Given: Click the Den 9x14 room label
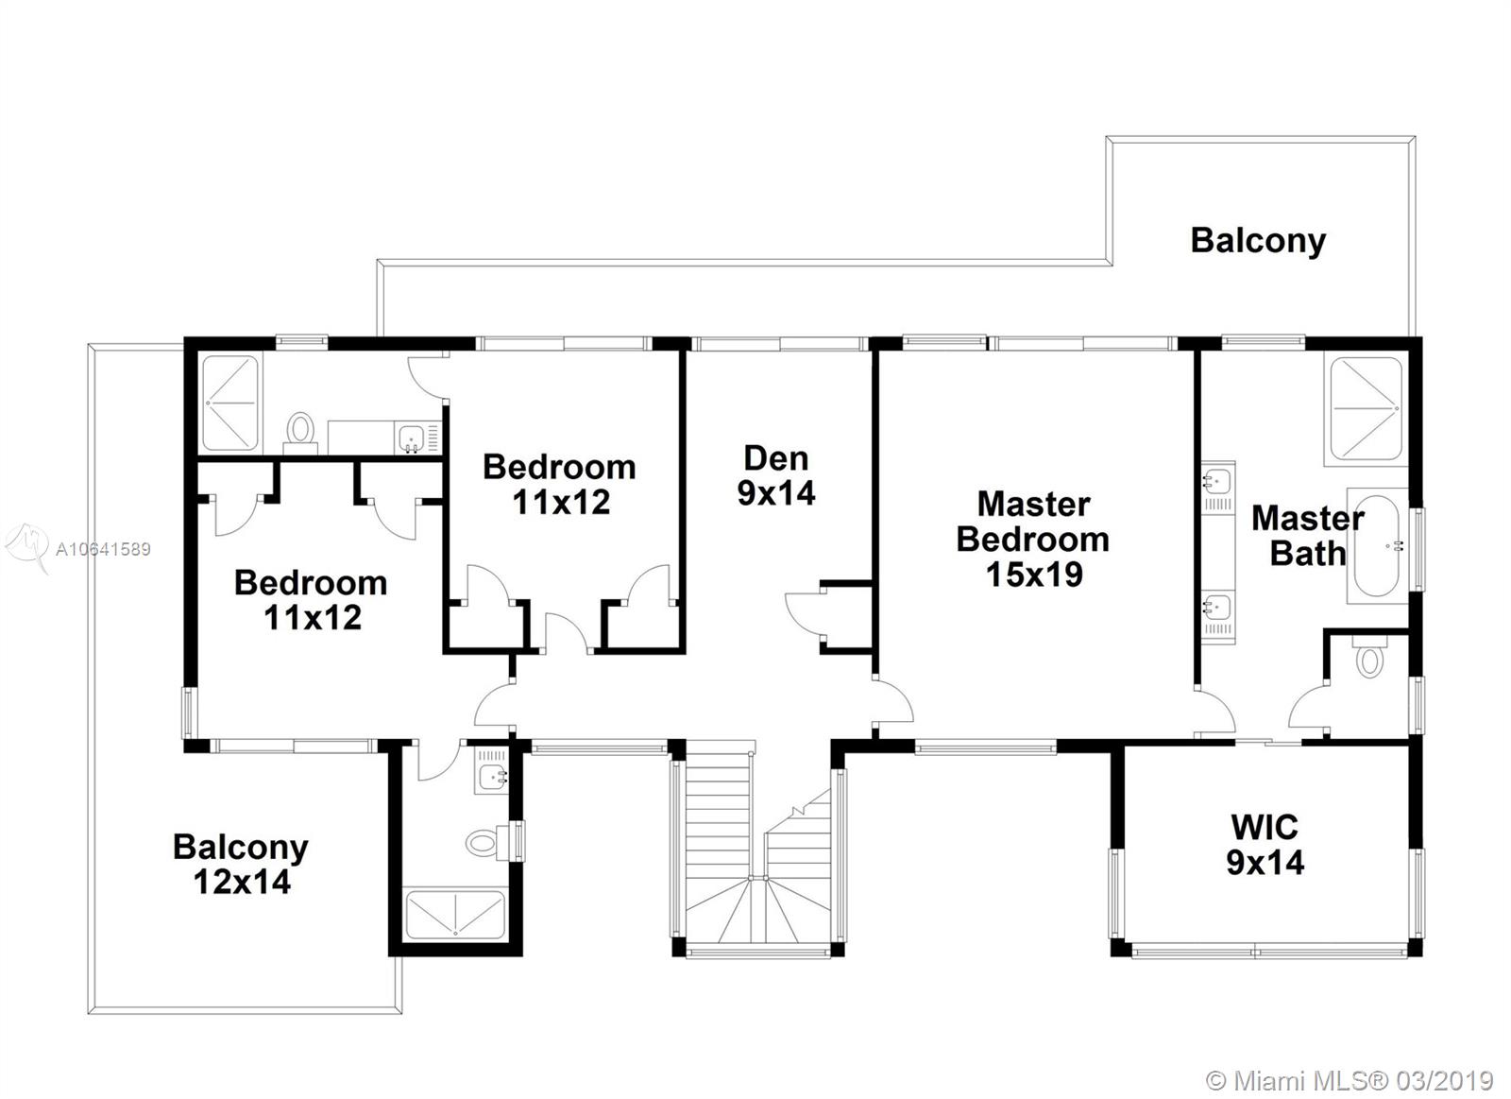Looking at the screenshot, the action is [x=775, y=476].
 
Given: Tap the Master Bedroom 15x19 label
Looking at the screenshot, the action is [x=1033, y=540].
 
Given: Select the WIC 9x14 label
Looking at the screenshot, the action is [x=1265, y=845].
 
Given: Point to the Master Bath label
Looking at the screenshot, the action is [x=1307, y=536].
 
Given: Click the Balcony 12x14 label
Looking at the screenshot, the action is [x=241, y=864].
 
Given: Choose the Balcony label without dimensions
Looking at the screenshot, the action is [x=1258, y=241].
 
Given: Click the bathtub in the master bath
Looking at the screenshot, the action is [x=1377, y=546].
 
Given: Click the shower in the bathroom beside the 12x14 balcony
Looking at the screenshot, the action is [x=454, y=916].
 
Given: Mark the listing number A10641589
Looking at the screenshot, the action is [x=103, y=549].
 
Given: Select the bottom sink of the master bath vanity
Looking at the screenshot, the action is [x=1217, y=607].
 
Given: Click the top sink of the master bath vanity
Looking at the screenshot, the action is [x=1217, y=482].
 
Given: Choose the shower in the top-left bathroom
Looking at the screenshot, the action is [x=230, y=403].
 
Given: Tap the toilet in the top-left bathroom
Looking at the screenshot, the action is [x=300, y=431].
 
